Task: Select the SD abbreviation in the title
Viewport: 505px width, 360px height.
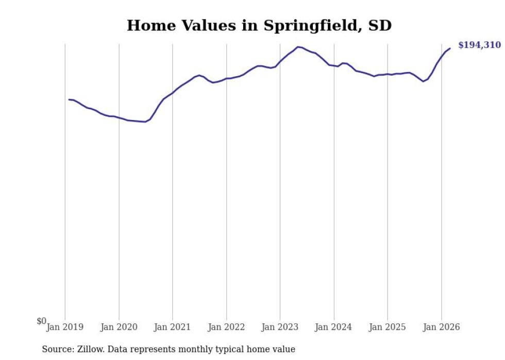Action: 380,26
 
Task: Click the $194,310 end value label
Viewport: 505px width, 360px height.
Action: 479,45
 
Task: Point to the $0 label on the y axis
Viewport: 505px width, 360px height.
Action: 41,321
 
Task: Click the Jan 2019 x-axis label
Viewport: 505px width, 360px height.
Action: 65,327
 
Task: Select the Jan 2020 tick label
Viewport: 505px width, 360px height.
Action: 119,327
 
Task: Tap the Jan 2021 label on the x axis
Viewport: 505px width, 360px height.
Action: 173,327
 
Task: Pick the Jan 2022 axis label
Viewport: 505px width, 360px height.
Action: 226,327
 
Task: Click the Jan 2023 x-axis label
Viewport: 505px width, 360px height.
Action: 280,327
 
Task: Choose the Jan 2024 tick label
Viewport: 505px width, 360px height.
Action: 334,327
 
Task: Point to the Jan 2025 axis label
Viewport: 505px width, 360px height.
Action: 388,327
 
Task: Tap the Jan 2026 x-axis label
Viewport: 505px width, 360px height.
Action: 441,327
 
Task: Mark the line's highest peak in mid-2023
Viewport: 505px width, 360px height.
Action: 298,47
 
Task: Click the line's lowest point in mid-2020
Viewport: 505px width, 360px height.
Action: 145,122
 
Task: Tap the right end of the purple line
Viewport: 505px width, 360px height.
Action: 450,48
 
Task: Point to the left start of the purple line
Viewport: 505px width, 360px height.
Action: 69,99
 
